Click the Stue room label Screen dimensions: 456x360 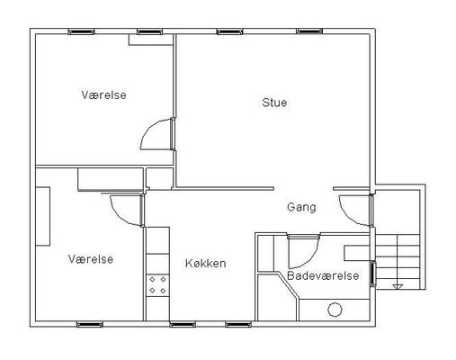274,103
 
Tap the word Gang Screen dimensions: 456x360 301,207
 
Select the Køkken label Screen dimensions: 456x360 206,264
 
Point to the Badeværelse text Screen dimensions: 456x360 323,275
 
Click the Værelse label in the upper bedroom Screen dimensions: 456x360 103,95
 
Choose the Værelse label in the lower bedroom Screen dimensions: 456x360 91,259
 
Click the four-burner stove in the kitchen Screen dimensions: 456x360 157,285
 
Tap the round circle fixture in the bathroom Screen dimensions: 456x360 335,310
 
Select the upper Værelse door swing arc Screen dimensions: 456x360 148,129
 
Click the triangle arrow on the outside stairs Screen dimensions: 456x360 398,287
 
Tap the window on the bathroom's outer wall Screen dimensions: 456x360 372,274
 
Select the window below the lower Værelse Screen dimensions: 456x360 90,324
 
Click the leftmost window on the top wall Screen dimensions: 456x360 81,31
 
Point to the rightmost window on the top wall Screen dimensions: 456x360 309,31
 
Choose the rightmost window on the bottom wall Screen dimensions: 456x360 238,324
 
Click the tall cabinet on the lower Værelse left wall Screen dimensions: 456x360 42,217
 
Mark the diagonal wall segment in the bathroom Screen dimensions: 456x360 288,286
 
